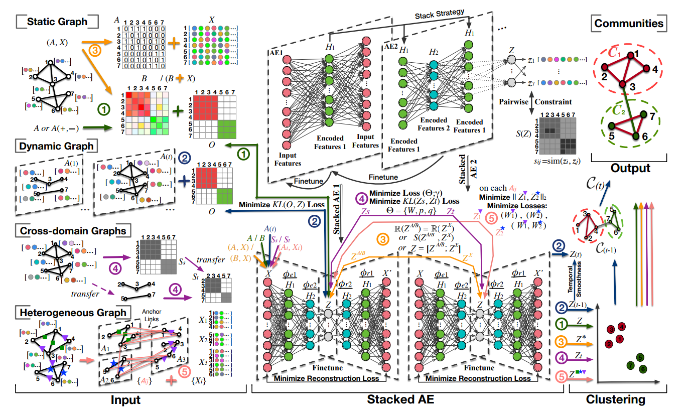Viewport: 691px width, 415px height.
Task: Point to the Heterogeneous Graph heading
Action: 72,313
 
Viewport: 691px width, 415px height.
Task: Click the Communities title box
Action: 629,23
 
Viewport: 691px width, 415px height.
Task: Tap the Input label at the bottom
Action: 125,400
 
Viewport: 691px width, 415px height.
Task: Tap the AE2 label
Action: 391,46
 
